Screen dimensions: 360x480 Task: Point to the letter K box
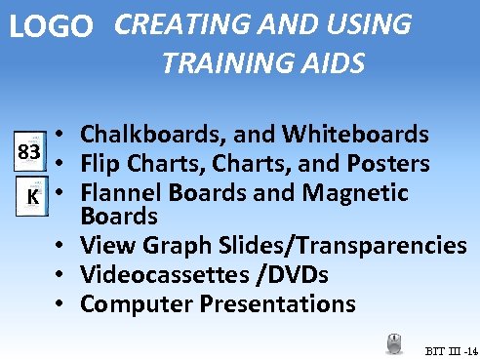pyautogui.click(x=32, y=196)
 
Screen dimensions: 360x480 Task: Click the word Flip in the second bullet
pyautogui.click(x=101, y=161)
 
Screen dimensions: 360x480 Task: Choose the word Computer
pyautogui.click(x=137, y=303)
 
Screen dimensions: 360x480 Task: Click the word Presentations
pyautogui.click(x=278, y=303)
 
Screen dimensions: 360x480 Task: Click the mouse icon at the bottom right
pyautogui.click(x=395, y=343)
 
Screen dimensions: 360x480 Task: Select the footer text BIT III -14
pyautogui.click(x=450, y=349)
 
